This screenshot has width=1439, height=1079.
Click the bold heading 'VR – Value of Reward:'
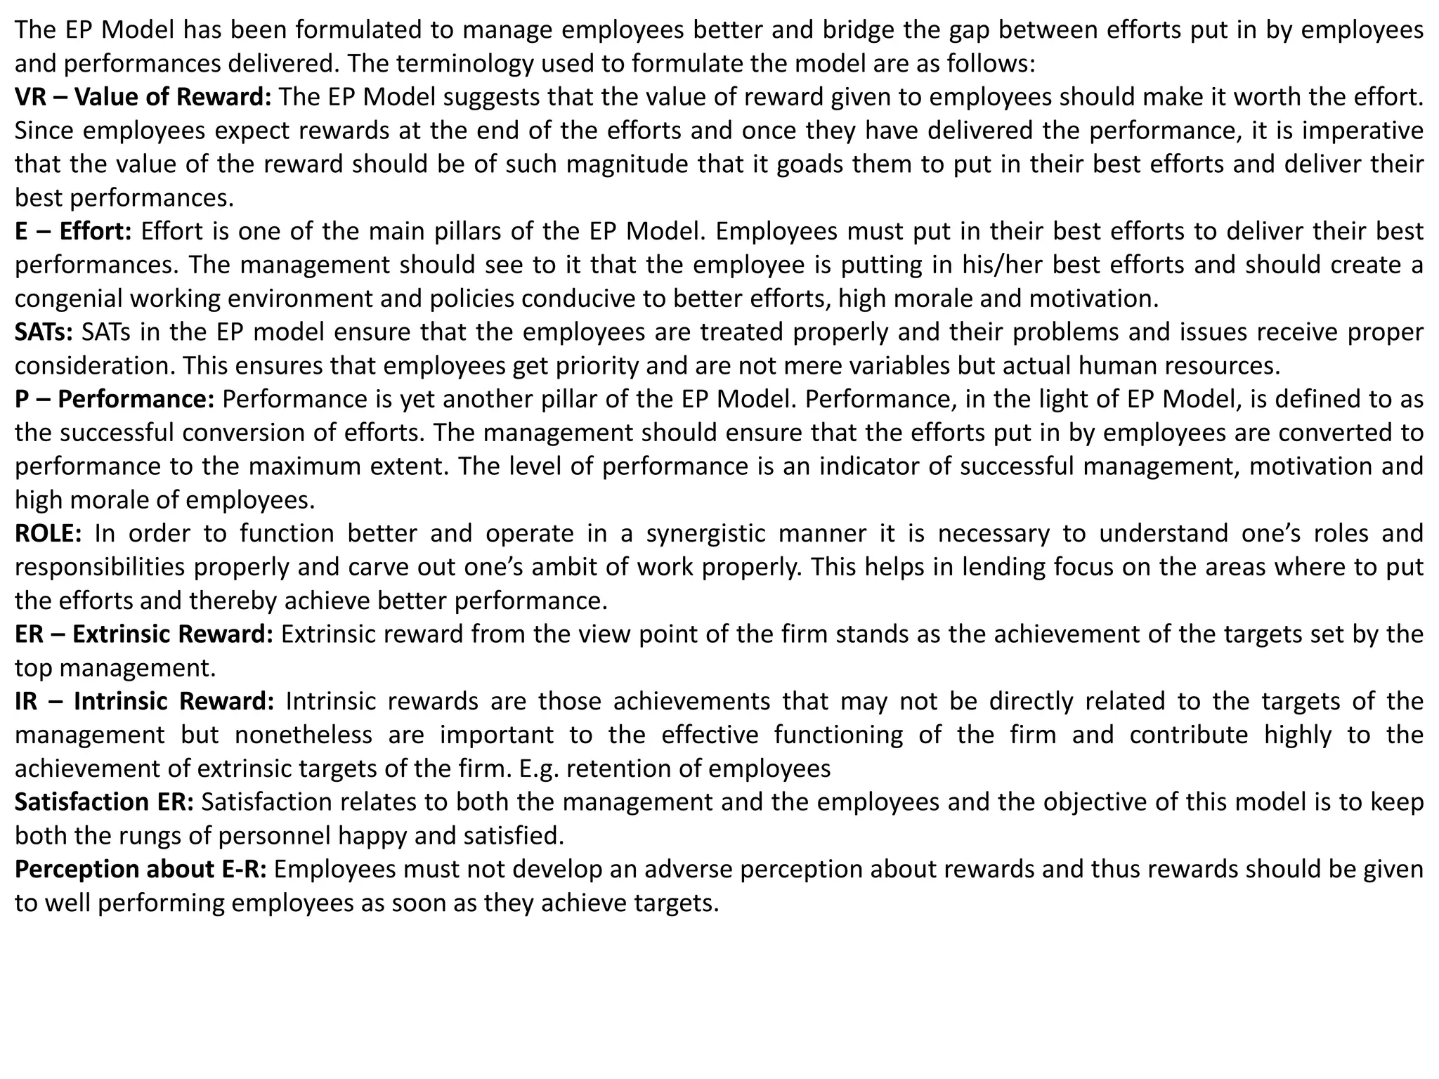tap(143, 97)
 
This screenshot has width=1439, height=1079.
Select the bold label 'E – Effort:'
tap(73, 231)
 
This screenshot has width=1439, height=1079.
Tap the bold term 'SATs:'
tap(44, 332)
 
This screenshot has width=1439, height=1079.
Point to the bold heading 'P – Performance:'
tap(115, 399)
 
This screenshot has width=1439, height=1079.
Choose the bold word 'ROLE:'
tap(48, 533)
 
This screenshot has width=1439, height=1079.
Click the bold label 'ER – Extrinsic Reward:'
tap(144, 634)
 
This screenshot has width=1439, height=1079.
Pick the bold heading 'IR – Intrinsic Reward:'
tap(145, 701)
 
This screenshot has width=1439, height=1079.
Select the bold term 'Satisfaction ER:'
tap(104, 802)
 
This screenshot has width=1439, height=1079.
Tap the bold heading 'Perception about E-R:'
tap(141, 869)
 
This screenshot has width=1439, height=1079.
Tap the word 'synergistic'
tap(705, 533)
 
